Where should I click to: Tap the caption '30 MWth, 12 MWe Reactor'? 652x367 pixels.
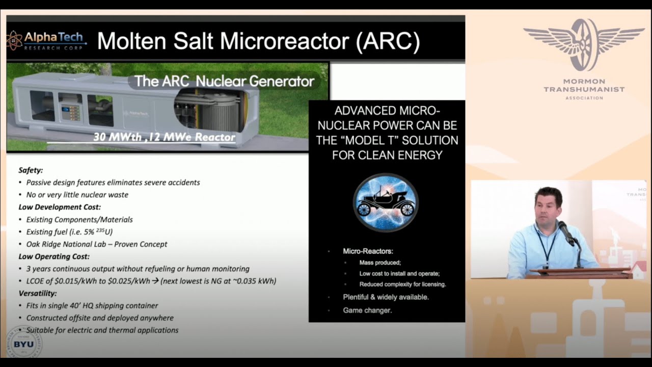click(x=164, y=137)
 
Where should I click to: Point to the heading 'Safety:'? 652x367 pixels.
click(x=31, y=170)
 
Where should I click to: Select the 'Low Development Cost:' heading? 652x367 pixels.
click(x=60, y=207)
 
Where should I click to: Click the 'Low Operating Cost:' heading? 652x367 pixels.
click(x=54, y=256)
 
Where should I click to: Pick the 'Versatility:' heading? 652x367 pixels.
click(x=38, y=294)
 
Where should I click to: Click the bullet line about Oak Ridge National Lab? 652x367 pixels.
click(x=97, y=244)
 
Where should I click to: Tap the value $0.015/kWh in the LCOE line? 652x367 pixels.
click(x=71, y=281)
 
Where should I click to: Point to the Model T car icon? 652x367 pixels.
click(x=386, y=202)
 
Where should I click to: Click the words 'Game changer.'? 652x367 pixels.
click(x=367, y=310)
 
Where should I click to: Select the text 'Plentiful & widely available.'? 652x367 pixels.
click(x=386, y=297)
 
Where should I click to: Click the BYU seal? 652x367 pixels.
click(x=23, y=344)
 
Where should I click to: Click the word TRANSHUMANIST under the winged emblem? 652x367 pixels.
click(x=584, y=90)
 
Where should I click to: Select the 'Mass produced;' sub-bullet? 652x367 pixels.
click(x=380, y=263)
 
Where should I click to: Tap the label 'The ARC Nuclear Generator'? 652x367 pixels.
click(x=224, y=81)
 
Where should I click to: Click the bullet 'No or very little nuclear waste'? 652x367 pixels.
click(x=77, y=195)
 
